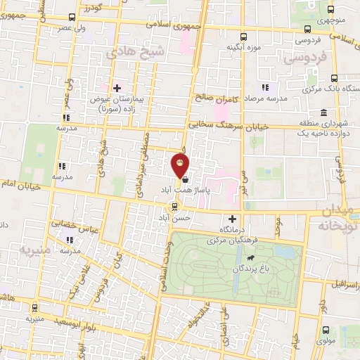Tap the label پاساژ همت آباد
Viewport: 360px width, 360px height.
[x=165, y=190]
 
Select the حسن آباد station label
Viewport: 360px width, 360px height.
[x=175, y=219]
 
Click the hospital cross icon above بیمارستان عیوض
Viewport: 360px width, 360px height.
[x=117, y=87]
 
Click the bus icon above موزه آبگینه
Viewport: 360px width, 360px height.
[x=244, y=37]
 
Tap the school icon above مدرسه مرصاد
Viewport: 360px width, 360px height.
[x=265, y=88]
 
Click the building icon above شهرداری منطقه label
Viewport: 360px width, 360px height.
[x=323, y=113]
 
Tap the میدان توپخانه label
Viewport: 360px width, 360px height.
[x=337, y=219]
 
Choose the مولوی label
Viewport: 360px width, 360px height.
[x=326, y=341]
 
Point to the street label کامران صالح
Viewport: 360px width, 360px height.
[x=217, y=98]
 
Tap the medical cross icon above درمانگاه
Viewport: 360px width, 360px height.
[x=233, y=219]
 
